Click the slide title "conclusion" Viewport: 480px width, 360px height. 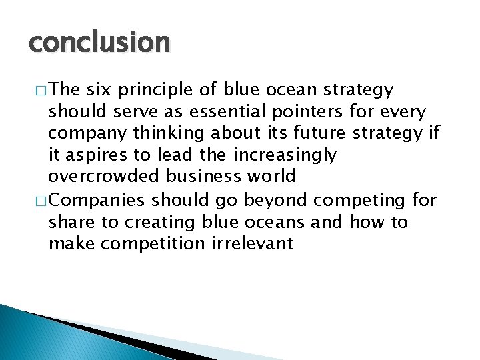click(x=99, y=43)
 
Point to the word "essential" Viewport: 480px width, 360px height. click(x=219, y=112)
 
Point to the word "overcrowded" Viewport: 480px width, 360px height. click(x=105, y=177)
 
